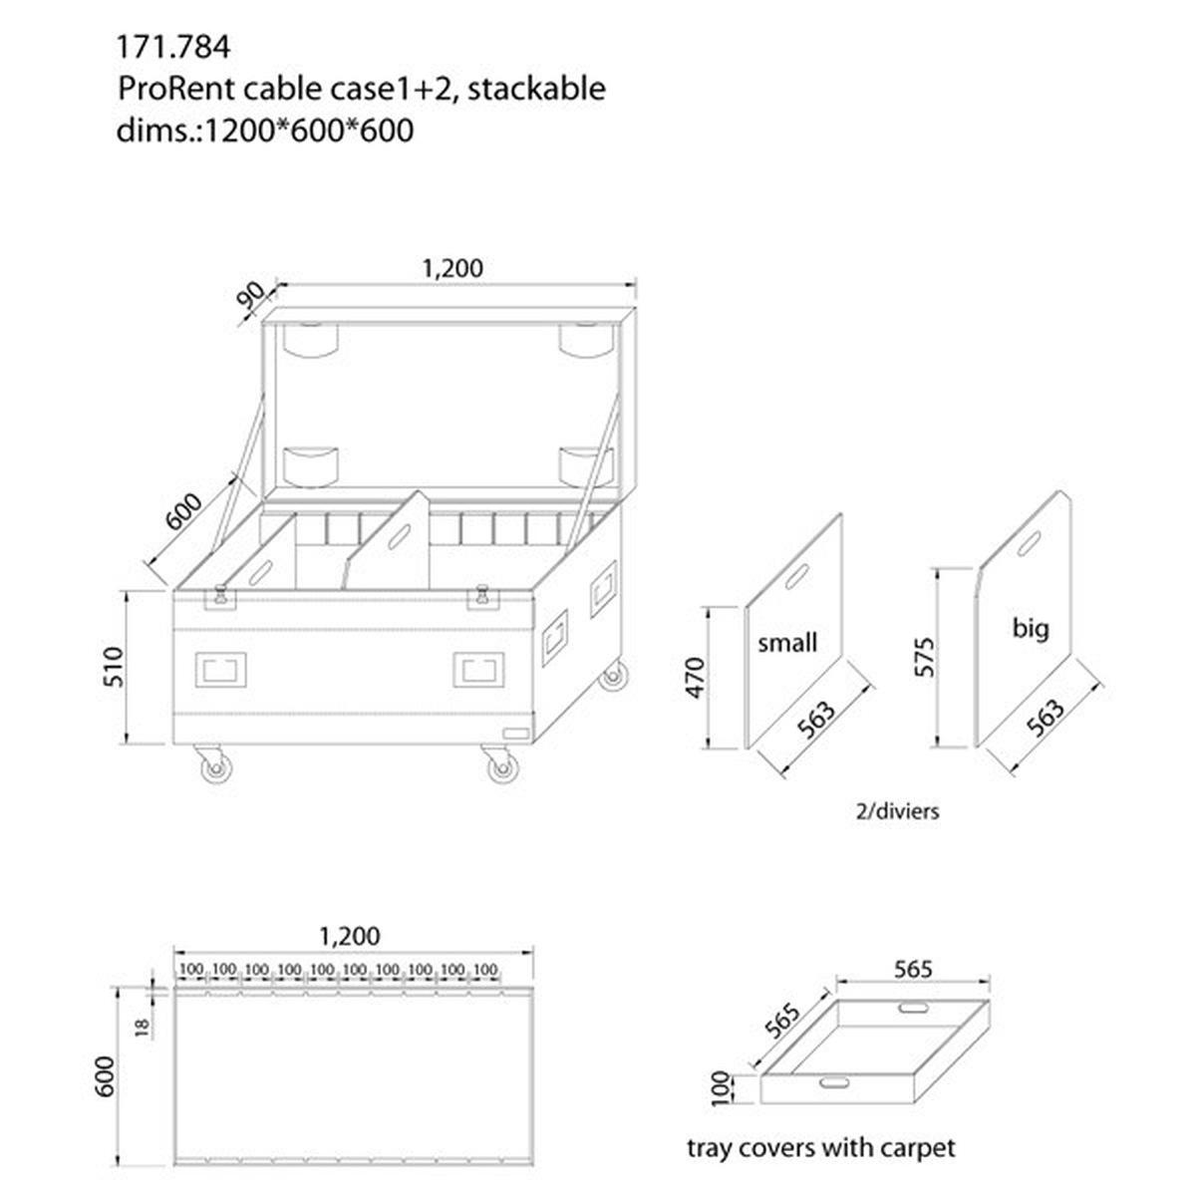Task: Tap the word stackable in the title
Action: pyautogui.click(x=536, y=89)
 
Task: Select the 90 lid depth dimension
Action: pyautogui.click(x=252, y=296)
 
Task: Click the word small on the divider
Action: pyautogui.click(x=787, y=643)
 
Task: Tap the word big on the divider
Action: pyautogui.click(x=1030, y=628)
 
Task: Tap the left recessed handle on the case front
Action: pyautogui.click(x=221, y=669)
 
